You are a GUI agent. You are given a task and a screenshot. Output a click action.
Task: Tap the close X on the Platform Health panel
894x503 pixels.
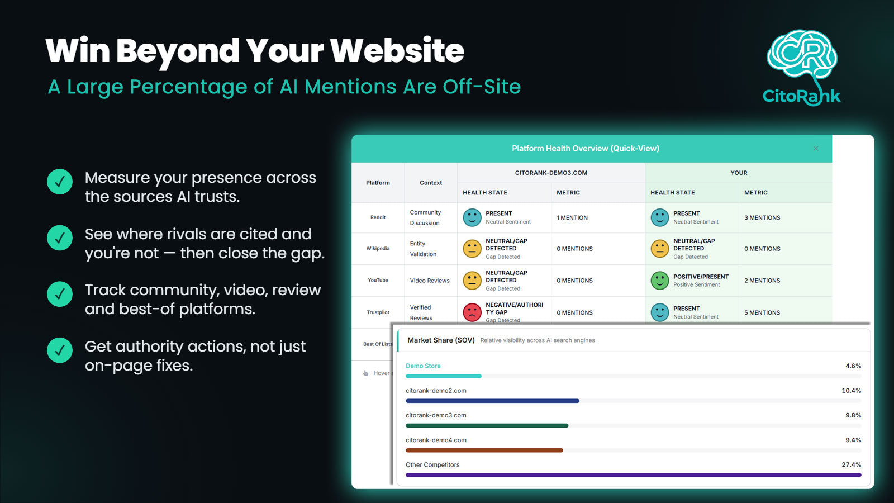point(816,149)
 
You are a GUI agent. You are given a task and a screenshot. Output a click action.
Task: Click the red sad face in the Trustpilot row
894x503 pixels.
point(472,312)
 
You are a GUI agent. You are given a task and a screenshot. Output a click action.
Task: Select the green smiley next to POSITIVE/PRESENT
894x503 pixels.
point(659,280)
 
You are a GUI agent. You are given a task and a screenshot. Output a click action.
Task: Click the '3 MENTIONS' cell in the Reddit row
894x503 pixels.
point(762,217)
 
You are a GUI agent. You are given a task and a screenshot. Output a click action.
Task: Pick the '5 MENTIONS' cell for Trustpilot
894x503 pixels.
point(762,312)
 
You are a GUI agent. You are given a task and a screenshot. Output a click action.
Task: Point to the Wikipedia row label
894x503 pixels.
point(378,248)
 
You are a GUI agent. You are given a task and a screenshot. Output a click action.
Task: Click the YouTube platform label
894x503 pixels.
point(378,280)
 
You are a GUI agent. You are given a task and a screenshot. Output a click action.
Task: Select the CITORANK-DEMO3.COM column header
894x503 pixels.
point(551,173)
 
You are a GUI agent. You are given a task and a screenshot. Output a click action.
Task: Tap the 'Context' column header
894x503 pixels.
point(431,182)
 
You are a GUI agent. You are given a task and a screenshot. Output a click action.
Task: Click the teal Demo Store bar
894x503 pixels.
point(444,376)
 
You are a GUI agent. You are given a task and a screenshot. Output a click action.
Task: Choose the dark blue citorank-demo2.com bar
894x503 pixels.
point(492,401)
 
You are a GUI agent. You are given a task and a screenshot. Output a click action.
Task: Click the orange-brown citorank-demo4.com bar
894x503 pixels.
point(484,450)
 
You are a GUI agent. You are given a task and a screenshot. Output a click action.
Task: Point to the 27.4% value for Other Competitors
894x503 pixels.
point(852,464)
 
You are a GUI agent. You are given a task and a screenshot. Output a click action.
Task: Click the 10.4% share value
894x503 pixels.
point(852,391)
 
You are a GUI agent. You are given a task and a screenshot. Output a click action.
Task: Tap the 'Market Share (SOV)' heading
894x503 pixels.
point(441,340)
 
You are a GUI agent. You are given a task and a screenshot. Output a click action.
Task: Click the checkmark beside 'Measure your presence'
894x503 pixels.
point(60,182)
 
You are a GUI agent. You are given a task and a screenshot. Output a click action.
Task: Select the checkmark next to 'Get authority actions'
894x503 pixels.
point(60,350)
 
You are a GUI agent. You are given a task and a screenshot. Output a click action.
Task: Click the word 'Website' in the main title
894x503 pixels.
point(397,51)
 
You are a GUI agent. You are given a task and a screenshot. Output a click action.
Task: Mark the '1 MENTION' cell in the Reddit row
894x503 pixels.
point(572,217)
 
